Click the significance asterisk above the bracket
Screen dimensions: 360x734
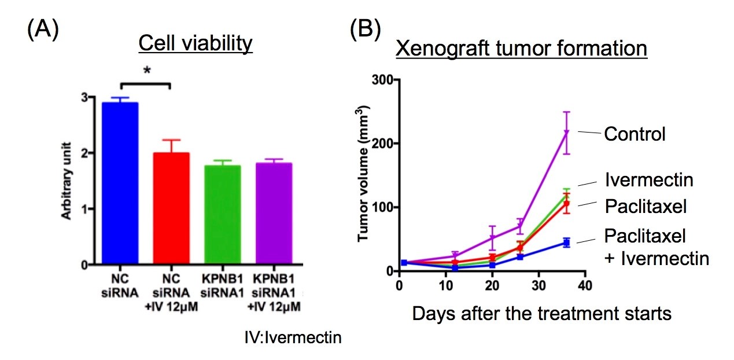click(147, 71)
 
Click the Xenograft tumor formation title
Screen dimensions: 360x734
click(521, 48)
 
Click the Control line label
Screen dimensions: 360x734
click(635, 135)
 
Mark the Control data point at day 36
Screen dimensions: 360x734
click(567, 133)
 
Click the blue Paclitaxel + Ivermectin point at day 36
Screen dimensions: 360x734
click(567, 243)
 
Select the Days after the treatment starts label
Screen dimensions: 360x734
click(542, 314)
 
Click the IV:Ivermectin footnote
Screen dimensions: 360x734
click(293, 337)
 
